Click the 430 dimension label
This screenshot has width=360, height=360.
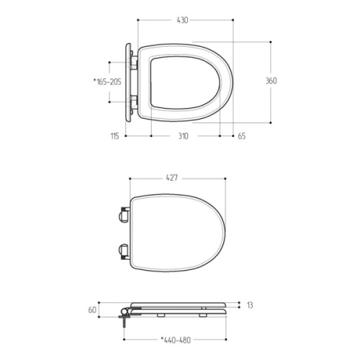[182, 20]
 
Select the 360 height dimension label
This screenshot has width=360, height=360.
[271, 81]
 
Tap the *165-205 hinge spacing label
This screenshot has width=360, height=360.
[107, 82]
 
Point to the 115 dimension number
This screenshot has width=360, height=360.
[114, 136]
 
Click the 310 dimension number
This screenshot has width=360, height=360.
[183, 136]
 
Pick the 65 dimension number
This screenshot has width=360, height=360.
[242, 136]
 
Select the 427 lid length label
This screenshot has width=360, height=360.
[172, 178]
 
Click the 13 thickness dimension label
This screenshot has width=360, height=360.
[250, 305]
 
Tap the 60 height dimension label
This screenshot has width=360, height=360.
[92, 310]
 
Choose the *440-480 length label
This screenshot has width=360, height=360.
[176, 340]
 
